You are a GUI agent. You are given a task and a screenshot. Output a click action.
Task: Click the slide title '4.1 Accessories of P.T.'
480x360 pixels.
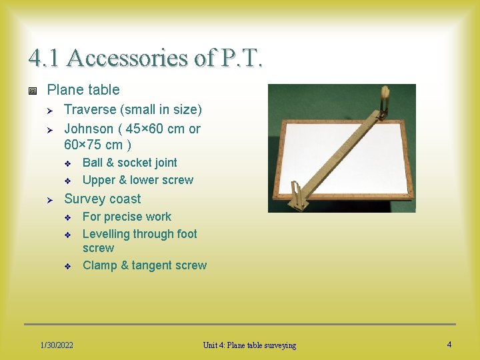[x=145, y=58]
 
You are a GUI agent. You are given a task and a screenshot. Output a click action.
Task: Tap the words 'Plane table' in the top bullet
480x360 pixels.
[x=83, y=90]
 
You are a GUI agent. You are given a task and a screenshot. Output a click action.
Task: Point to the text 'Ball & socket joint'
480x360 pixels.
[x=130, y=163]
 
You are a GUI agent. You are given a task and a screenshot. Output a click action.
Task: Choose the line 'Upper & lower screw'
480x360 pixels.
[x=138, y=180]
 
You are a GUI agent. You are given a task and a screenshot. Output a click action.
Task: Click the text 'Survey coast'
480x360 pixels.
[x=103, y=199]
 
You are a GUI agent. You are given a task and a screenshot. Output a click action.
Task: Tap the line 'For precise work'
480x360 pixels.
[x=127, y=217]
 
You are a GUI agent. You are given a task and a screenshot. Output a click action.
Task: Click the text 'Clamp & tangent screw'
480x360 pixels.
[x=145, y=265]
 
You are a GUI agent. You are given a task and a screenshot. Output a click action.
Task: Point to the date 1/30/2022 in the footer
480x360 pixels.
[x=57, y=345]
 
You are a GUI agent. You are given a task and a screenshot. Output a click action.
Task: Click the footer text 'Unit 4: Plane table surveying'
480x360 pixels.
[x=249, y=345]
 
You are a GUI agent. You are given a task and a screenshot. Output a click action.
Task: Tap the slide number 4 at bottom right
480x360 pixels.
[x=449, y=344]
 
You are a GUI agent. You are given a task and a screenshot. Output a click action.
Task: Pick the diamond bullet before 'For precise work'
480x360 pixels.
[x=67, y=217]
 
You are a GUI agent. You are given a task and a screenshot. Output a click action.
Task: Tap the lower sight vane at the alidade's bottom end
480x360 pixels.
[x=297, y=197]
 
